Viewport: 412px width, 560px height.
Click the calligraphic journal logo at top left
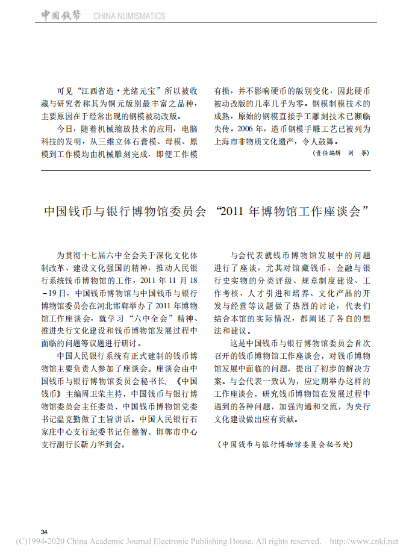(x=63, y=16)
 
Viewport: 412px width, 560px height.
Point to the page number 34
(x=44, y=532)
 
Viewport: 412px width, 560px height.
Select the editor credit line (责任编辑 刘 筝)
(x=340, y=154)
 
